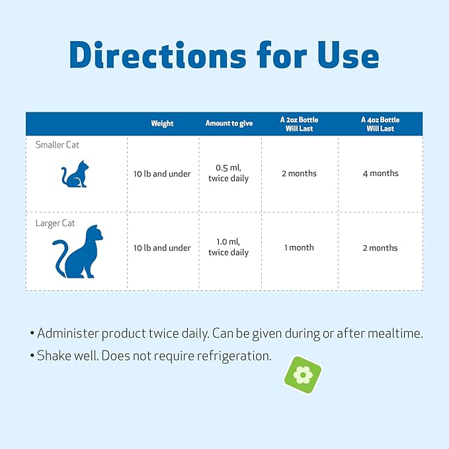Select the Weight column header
pyautogui.click(x=162, y=124)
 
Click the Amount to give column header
pyautogui.click(x=229, y=124)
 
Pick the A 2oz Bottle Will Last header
pyautogui.click(x=299, y=124)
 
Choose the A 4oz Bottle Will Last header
pyautogui.click(x=380, y=124)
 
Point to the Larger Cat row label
pyautogui.click(x=55, y=224)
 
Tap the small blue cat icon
pyautogui.click(x=74, y=175)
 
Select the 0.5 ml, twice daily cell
pyautogui.click(x=228, y=173)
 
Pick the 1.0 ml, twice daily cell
pyautogui.click(x=228, y=247)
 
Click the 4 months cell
pyautogui.click(x=380, y=173)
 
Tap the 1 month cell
pyautogui.click(x=299, y=247)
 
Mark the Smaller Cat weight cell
pyautogui.click(x=162, y=174)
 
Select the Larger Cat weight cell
pyautogui.click(x=162, y=248)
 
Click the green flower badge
pyautogui.click(x=302, y=375)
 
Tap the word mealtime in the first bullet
pyautogui.click(x=389, y=333)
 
